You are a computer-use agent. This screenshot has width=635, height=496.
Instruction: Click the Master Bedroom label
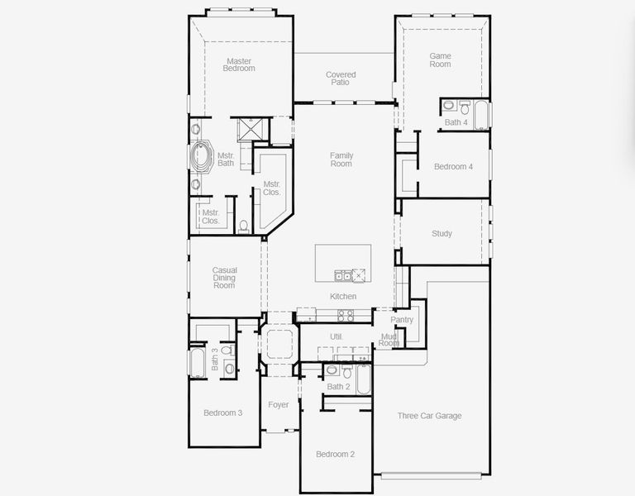tap(239, 64)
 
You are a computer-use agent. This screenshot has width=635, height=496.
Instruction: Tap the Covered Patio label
tap(341, 79)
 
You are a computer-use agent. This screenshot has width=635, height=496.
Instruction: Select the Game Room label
tap(440, 60)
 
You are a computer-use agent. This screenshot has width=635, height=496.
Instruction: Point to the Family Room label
tap(341, 160)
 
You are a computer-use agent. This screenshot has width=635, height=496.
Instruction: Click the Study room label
tap(442, 234)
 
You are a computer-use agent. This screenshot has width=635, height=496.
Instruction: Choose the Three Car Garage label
tap(429, 416)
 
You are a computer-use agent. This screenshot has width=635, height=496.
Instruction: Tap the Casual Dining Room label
tap(225, 277)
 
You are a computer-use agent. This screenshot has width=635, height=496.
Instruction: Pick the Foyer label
tap(279, 404)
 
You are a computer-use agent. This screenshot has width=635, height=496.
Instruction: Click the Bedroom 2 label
tap(335, 454)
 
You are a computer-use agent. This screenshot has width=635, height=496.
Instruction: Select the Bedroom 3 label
tap(222, 413)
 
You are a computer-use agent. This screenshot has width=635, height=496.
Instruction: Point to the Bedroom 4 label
tap(453, 167)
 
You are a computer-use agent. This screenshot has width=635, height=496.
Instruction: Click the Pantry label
tap(402, 320)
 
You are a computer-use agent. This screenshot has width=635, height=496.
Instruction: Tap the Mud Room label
tap(389, 340)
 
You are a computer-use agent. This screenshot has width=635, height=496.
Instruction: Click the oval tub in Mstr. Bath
tap(200, 157)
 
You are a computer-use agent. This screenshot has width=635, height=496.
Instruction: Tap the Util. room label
tap(337, 336)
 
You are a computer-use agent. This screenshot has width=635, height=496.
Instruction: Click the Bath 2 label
tap(338, 387)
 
